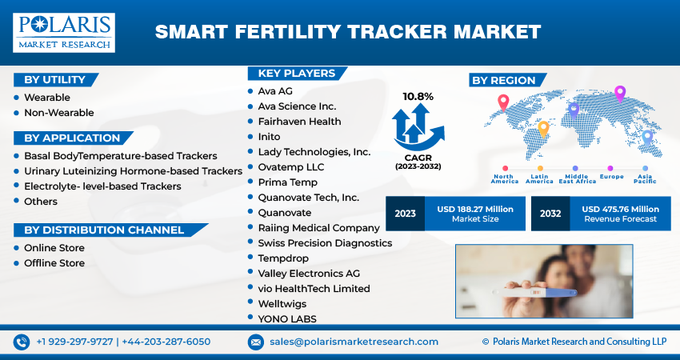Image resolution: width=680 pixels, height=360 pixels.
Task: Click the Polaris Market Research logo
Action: click(63, 33)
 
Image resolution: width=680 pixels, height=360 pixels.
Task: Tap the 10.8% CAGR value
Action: click(418, 97)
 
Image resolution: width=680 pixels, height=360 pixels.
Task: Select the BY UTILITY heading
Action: click(54, 79)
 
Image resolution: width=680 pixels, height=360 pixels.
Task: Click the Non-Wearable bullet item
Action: click(58, 113)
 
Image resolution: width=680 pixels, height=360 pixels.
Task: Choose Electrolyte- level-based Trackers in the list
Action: click(102, 186)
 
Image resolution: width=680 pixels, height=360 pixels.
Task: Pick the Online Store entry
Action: click(54, 248)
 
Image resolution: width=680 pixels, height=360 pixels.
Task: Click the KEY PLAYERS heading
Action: click(296, 74)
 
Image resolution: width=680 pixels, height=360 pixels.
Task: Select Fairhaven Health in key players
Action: click(299, 122)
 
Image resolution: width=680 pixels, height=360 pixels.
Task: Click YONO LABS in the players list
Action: click(287, 318)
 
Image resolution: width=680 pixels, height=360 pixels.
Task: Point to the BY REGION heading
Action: click(503, 80)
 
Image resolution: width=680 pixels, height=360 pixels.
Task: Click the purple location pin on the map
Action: click(619, 93)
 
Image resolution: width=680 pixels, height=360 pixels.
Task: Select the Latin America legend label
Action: click(538, 179)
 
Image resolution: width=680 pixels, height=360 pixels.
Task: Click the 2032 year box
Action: click(550, 214)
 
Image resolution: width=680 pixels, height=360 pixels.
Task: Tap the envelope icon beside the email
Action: click(256, 342)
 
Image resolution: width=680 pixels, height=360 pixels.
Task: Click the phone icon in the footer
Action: click(22, 342)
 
